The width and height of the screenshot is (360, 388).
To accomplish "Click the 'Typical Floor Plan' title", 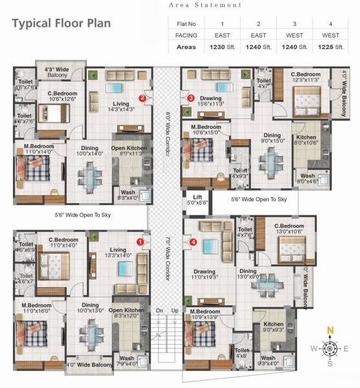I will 62,23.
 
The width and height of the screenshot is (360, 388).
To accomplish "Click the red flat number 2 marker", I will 142,98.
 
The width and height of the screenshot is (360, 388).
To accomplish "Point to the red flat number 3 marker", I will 190,98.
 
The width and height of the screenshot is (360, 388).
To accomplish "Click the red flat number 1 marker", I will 139,242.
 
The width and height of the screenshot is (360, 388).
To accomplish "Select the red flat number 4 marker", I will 193,242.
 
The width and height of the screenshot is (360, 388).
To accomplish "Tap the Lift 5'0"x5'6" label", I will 195,200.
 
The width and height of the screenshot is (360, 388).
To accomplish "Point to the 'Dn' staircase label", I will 160,311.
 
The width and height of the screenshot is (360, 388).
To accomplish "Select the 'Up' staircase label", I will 175,311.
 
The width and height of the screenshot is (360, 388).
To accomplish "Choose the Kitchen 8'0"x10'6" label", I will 306,140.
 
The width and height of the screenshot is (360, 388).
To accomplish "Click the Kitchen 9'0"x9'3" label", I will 273,327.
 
